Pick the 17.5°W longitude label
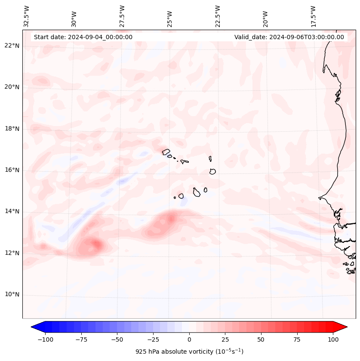pos(314,16)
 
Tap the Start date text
pos(83,37)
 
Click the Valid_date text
pos(289,37)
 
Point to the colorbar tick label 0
pos(189,339)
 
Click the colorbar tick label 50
pos(261,339)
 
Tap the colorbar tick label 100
pos(333,339)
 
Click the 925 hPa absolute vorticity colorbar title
pos(189,352)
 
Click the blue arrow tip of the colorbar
pos(33,327)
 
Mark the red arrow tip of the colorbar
pos(345,327)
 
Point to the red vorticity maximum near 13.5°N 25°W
pos(171,219)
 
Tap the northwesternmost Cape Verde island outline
pos(166,151)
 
